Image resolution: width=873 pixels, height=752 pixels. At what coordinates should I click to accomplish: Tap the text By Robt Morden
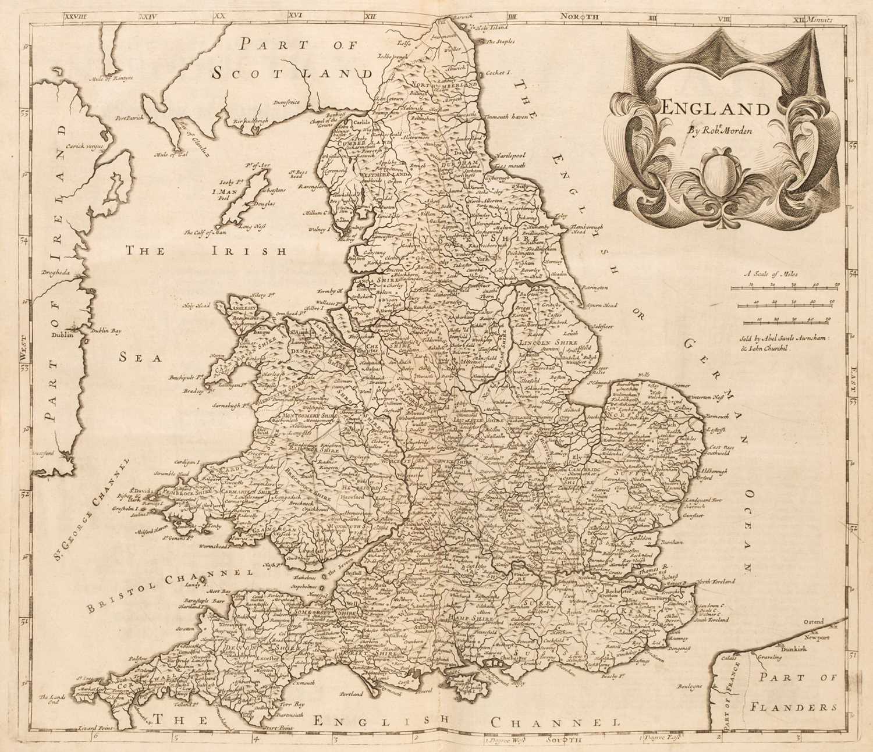pos(721,130)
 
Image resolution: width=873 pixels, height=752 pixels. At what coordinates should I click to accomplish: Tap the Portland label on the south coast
pos(350,693)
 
